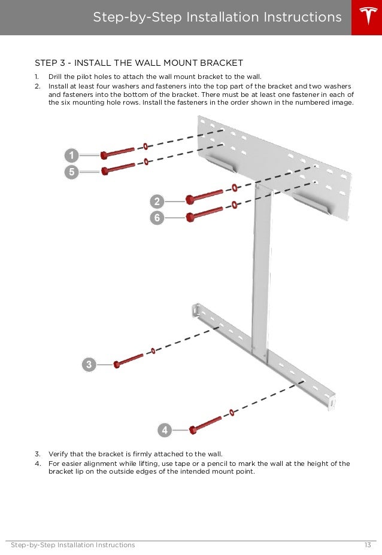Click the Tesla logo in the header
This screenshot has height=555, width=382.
pyautogui.click(x=365, y=17)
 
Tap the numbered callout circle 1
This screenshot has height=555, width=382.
pyautogui.click(x=71, y=155)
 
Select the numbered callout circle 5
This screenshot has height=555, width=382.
pyautogui.click(x=71, y=171)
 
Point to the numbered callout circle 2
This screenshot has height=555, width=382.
pyautogui.click(x=157, y=201)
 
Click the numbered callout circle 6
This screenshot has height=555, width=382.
pyautogui.click(x=157, y=218)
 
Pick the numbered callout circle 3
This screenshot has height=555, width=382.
pyautogui.click(x=89, y=364)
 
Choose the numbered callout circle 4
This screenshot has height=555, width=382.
pyautogui.click(x=165, y=430)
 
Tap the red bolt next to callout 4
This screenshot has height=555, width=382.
pyautogui.click(x=205, y=424)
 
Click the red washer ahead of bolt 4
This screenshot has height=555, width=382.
pyautogui.click(x=231, y=412)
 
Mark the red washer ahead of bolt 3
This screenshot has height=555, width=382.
pyautogui.click(x=153, y=351)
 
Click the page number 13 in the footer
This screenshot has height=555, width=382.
pyautogui.click(x=367, y=545)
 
